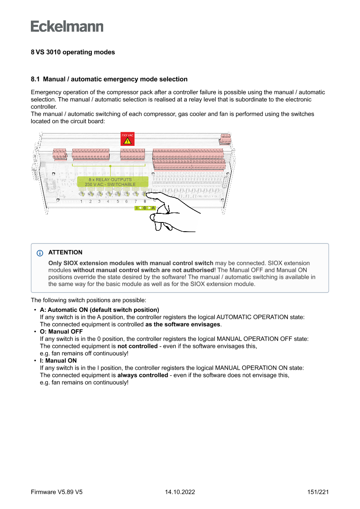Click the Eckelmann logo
[x=67, y=27]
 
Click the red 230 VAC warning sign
[x=127, y=139]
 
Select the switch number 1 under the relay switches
[x=81, y=201]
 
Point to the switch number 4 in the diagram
[x=108, y=201]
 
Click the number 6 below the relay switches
[x=126, y=201]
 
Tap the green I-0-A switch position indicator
[x=145, y=208]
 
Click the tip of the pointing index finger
[x=147, y=196]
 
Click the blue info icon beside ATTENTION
[x=40, y=253]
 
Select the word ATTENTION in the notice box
[x=65, y=253]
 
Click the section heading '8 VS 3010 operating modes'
[x=73, y=52]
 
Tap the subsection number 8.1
[x=35, y=79]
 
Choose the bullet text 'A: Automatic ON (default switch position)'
[x=99, y=310]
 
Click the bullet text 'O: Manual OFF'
[x=61, y=332]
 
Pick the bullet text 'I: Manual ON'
[x=58, y=361]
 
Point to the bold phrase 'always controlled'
[x=142, y=375]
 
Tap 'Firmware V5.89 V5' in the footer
[x=57, y=492]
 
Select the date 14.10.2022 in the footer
[x=180, y=492]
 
